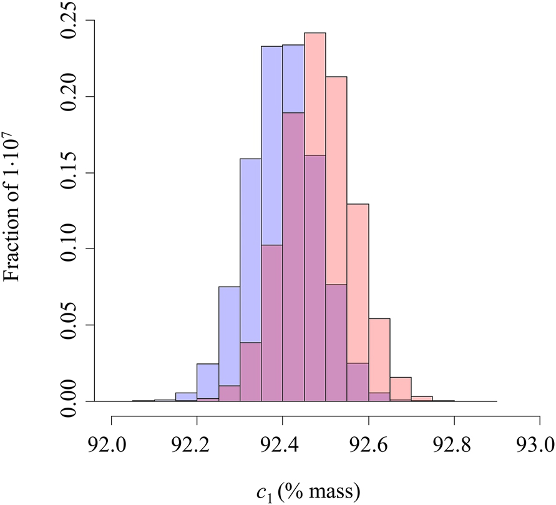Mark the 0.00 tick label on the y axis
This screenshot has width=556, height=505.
tap(74, 401)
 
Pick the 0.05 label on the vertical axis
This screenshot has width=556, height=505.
tap(74, 325)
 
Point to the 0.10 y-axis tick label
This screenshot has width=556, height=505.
tap(74, 248)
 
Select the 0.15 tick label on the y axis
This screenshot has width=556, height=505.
tap(74, 172)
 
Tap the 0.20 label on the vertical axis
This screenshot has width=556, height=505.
tap(74, 96)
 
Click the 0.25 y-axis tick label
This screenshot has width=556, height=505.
tap(74, 20)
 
